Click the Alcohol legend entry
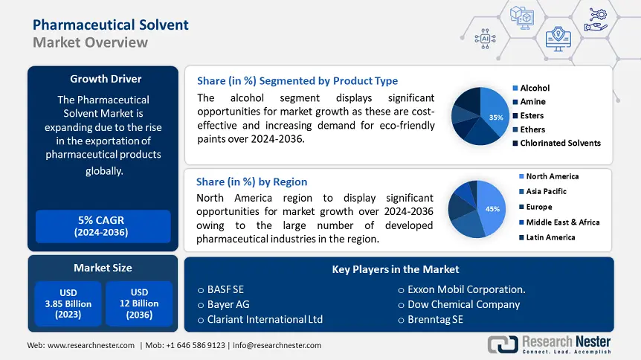(535, 88)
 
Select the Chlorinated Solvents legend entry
(560, 143)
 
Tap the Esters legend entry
(532, 115)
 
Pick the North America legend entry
(552, 176)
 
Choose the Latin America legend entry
(550, 237)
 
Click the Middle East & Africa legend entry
(562, 222)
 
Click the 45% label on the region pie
(492, 210)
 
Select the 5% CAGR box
(103, 226)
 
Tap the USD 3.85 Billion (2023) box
(68, 303)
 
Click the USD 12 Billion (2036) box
(139, 303)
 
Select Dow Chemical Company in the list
(463, 304)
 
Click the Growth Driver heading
(106, 79)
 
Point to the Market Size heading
(103, 268)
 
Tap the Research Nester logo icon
(503, 344)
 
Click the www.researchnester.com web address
(91, 345)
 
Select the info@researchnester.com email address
(277, 345)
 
